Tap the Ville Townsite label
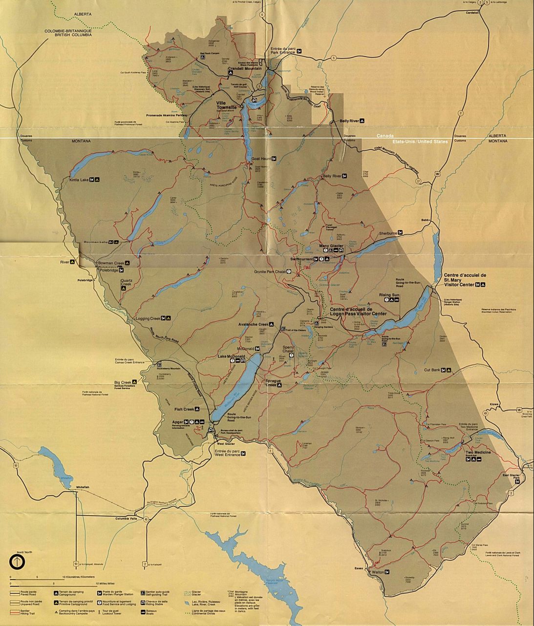click(x=226, y=104)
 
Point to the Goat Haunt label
click(x=261, y=159)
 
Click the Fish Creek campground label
click(x=184, y=409)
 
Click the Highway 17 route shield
click(x=418, y=181)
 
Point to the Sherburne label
click(x=388, y=233)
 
